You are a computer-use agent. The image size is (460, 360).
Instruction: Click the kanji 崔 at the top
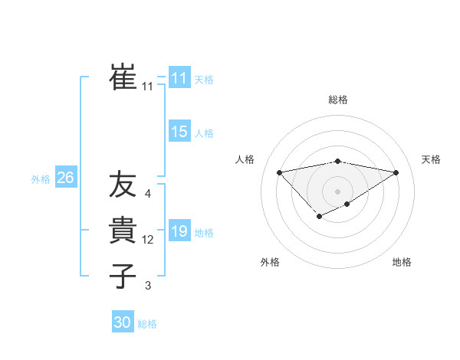(123, 77)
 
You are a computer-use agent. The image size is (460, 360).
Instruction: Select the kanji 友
(123, 184)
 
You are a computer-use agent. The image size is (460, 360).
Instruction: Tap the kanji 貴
(123, 230)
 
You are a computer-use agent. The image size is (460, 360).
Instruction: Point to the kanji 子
(123, 276)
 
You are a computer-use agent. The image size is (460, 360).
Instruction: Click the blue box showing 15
(179, 132)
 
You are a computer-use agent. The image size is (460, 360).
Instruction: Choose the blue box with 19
(179, 231)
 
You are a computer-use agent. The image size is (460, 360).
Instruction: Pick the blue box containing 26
(65, 178)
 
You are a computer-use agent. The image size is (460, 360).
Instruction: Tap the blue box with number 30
(123, 322)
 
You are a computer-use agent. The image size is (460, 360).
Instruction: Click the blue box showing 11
(179, 78)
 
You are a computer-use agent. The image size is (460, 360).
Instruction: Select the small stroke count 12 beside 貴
(148, 240)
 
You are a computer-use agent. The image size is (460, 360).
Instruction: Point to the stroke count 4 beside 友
(147, 194)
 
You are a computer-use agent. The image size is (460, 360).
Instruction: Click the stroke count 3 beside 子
(147, 286)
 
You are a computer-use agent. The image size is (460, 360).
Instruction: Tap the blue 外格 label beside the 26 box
(41, 179)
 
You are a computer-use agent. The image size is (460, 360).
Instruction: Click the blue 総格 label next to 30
(147, 324)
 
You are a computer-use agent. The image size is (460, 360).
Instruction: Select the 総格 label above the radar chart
(337, 100)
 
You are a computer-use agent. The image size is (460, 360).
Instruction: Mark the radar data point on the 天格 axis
(396, 172)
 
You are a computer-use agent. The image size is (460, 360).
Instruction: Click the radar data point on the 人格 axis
(279, 172)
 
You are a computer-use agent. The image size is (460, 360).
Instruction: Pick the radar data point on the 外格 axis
(319, 218)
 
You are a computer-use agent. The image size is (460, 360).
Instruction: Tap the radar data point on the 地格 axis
(347, 204)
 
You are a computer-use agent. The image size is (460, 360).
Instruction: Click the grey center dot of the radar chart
(337, 191)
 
